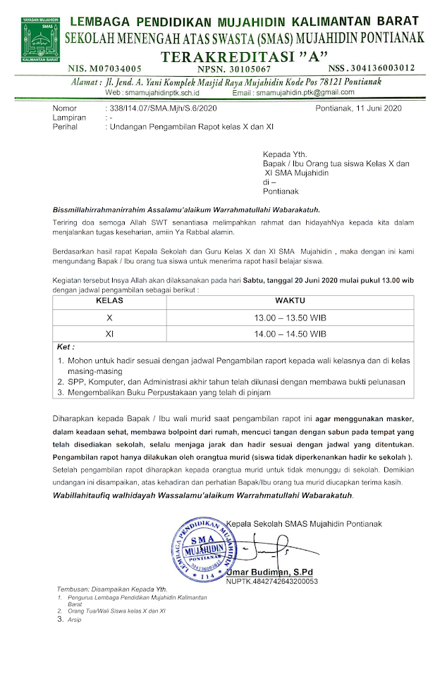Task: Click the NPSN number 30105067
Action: click(245, 68)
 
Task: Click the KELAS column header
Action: click(109, 301)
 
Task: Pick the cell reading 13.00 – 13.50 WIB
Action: click(290, 318)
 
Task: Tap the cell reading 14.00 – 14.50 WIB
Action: click(290, 333)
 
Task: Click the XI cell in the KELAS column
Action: click(109, 333)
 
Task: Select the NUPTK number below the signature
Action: click(272, 582)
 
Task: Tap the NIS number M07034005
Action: click(105, 68)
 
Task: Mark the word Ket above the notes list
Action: click(66, 347)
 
